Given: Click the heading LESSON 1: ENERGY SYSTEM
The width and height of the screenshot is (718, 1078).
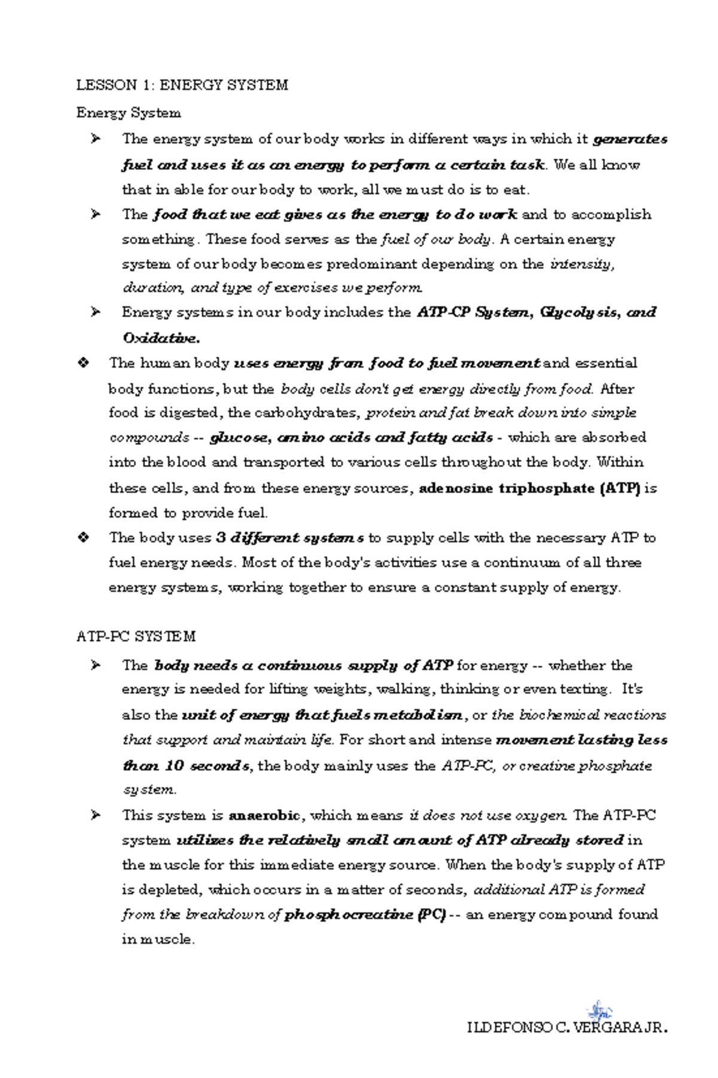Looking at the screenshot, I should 182,85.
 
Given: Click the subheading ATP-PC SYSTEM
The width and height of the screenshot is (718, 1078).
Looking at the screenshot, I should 136,636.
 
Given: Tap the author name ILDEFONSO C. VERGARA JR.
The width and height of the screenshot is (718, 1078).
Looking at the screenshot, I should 567,1028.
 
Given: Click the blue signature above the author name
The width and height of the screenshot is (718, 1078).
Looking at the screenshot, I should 599,1011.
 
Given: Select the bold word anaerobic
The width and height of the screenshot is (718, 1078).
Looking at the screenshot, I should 264,815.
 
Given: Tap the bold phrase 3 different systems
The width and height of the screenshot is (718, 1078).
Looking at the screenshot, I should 290,538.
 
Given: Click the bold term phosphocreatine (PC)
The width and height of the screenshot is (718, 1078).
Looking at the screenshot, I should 365,915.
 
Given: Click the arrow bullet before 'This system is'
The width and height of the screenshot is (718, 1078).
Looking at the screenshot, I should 95,815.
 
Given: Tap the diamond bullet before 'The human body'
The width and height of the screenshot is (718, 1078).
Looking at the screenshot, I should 84,363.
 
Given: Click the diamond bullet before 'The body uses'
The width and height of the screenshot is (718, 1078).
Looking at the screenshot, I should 84,538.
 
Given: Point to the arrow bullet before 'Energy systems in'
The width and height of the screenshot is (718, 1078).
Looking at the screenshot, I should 95,312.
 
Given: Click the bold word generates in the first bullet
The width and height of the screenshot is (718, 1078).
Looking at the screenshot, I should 630,139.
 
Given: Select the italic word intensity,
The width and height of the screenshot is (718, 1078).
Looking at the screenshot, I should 582,264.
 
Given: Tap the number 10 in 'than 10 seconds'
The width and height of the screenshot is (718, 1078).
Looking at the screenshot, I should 174,766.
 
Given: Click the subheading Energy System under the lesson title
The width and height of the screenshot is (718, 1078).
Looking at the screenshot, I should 129,113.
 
